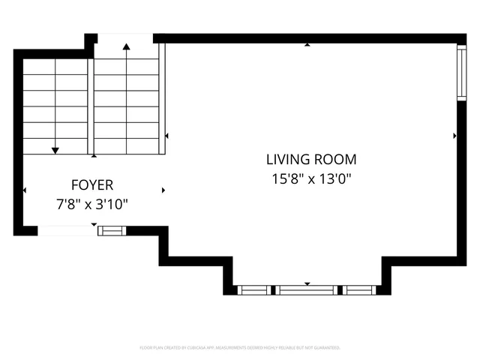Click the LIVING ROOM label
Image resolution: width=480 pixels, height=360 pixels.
311,159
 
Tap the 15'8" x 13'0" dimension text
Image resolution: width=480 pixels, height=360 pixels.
311,179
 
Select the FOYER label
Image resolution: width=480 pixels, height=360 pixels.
92,184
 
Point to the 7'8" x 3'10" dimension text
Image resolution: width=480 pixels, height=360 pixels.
92,204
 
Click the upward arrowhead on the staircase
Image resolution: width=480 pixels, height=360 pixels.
126,47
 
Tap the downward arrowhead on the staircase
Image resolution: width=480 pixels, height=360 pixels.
55,151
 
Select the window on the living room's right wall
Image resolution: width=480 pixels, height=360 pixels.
461,73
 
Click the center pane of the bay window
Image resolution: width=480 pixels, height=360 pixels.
308,289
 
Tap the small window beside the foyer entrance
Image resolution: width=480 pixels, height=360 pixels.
112,230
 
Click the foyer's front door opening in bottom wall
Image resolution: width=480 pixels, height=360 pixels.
67,231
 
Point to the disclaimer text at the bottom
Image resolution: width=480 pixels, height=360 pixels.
240,348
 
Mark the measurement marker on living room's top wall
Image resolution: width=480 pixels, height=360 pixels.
307,45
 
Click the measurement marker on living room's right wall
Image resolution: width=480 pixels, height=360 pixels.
454,136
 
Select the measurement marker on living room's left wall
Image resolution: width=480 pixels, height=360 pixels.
166,136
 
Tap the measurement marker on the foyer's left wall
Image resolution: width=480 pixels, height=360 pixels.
25,190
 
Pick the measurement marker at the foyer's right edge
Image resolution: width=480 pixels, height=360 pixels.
163,190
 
